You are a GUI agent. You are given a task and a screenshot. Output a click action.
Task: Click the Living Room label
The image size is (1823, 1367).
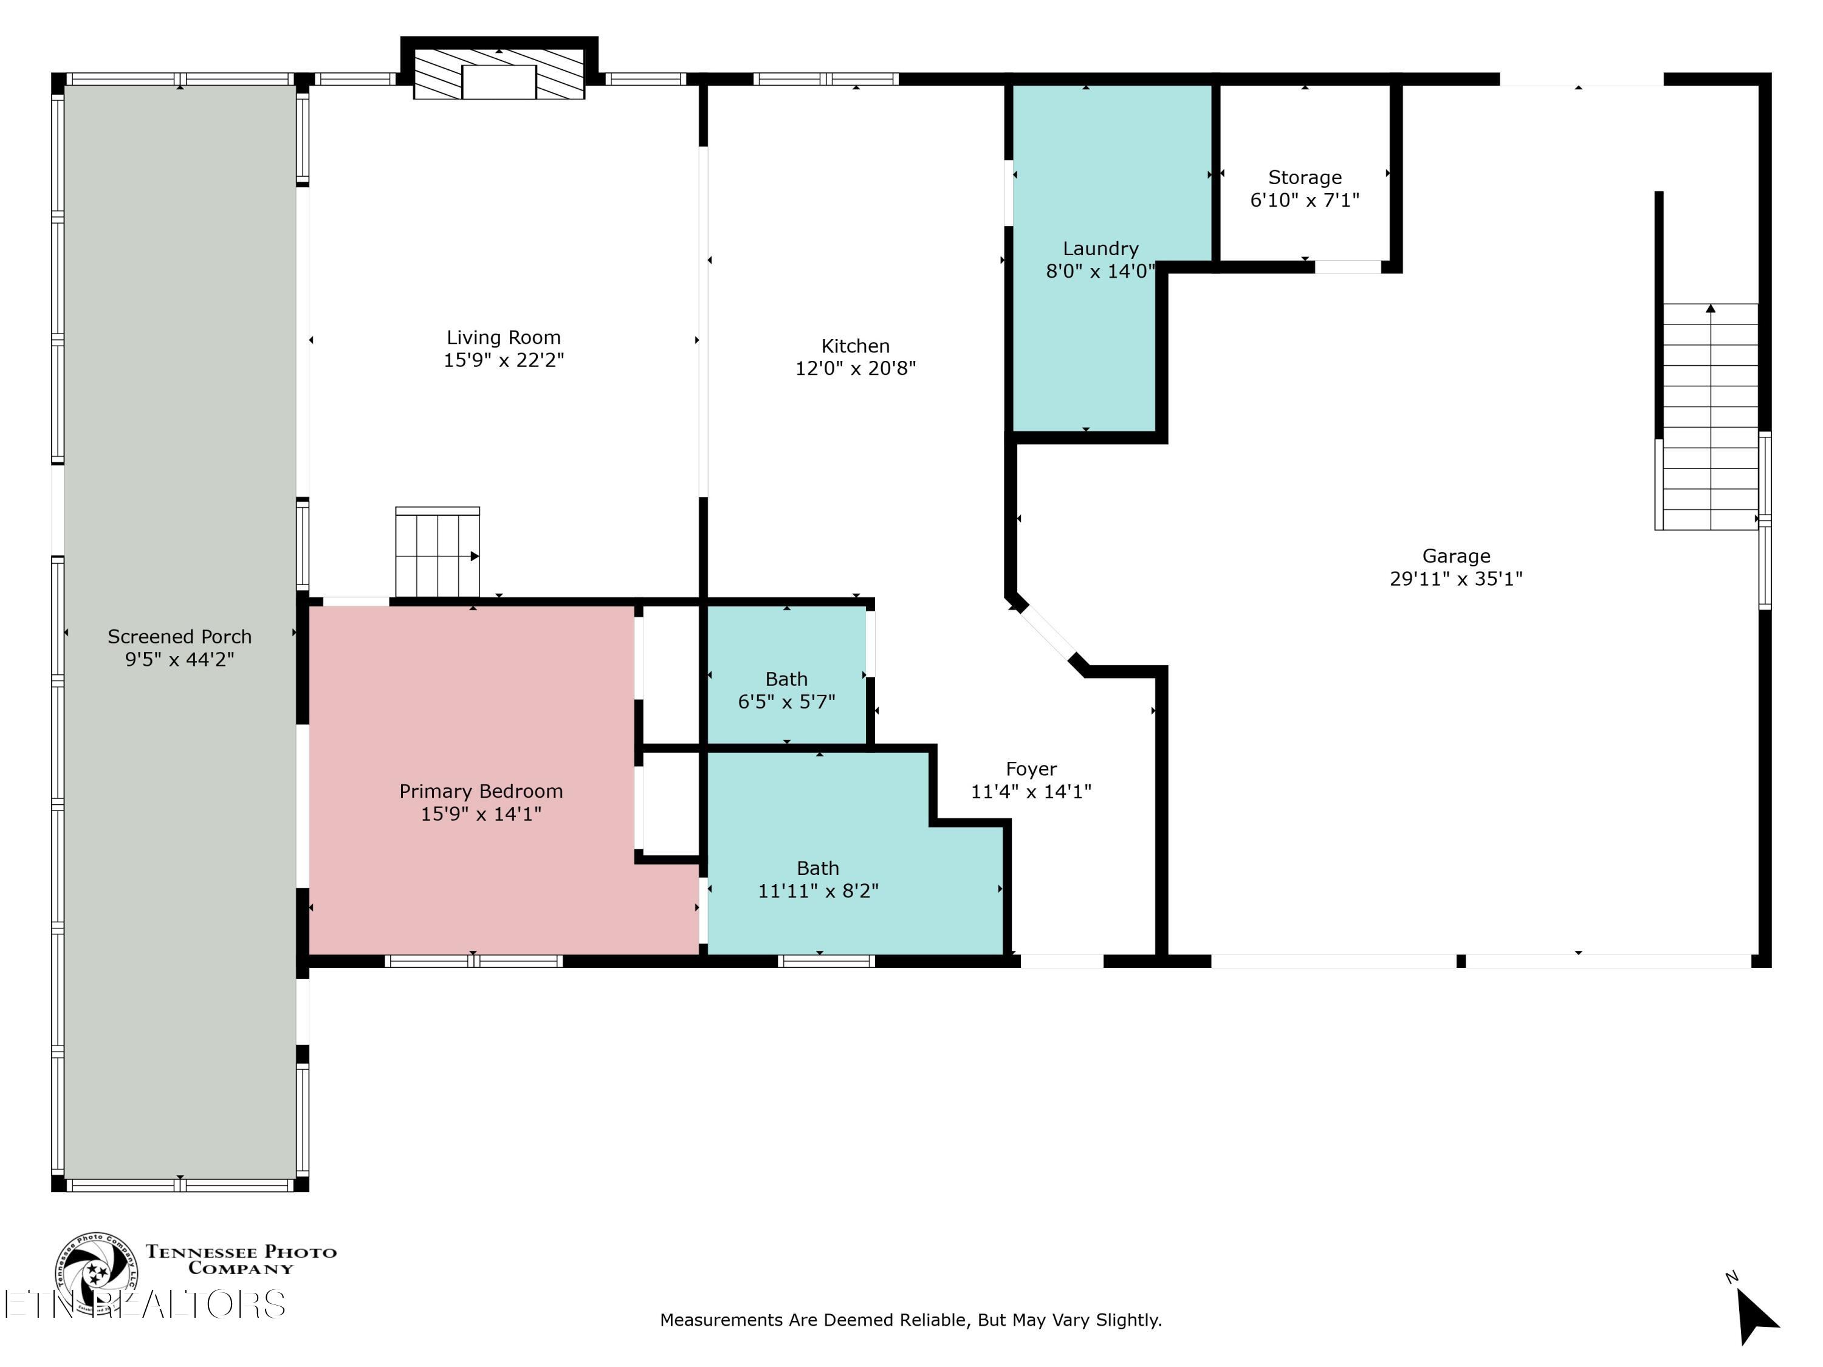(x=504, y=338)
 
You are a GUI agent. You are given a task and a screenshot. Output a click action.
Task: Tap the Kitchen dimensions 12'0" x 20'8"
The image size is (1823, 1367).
(x=856, y=368)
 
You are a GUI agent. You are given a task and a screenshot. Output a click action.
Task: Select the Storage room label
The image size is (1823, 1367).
(x=1305, y=178)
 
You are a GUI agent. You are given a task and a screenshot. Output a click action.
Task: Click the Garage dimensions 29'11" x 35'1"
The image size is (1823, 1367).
(x=1455, y=578)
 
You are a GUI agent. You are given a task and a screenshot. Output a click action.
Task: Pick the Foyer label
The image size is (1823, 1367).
(x=1031, y=769)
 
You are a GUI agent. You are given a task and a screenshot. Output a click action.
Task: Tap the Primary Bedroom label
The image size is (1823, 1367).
(x=481, y=791)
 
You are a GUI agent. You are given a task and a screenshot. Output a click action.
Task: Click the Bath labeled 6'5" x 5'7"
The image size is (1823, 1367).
(x=786, y=691)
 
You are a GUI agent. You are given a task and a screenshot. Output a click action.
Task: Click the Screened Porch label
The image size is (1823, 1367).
(x=180, y=637)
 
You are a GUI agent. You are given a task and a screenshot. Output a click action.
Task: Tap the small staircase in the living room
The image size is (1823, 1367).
(x=437, y=552)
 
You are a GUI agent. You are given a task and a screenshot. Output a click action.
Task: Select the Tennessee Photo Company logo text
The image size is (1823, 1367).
(x=241, y=1260)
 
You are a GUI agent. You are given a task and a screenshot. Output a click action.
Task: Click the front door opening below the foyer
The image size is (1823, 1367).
(x=1062, y=961)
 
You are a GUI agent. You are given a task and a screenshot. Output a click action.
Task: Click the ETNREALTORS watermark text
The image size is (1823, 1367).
(x=144, y=1304)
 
